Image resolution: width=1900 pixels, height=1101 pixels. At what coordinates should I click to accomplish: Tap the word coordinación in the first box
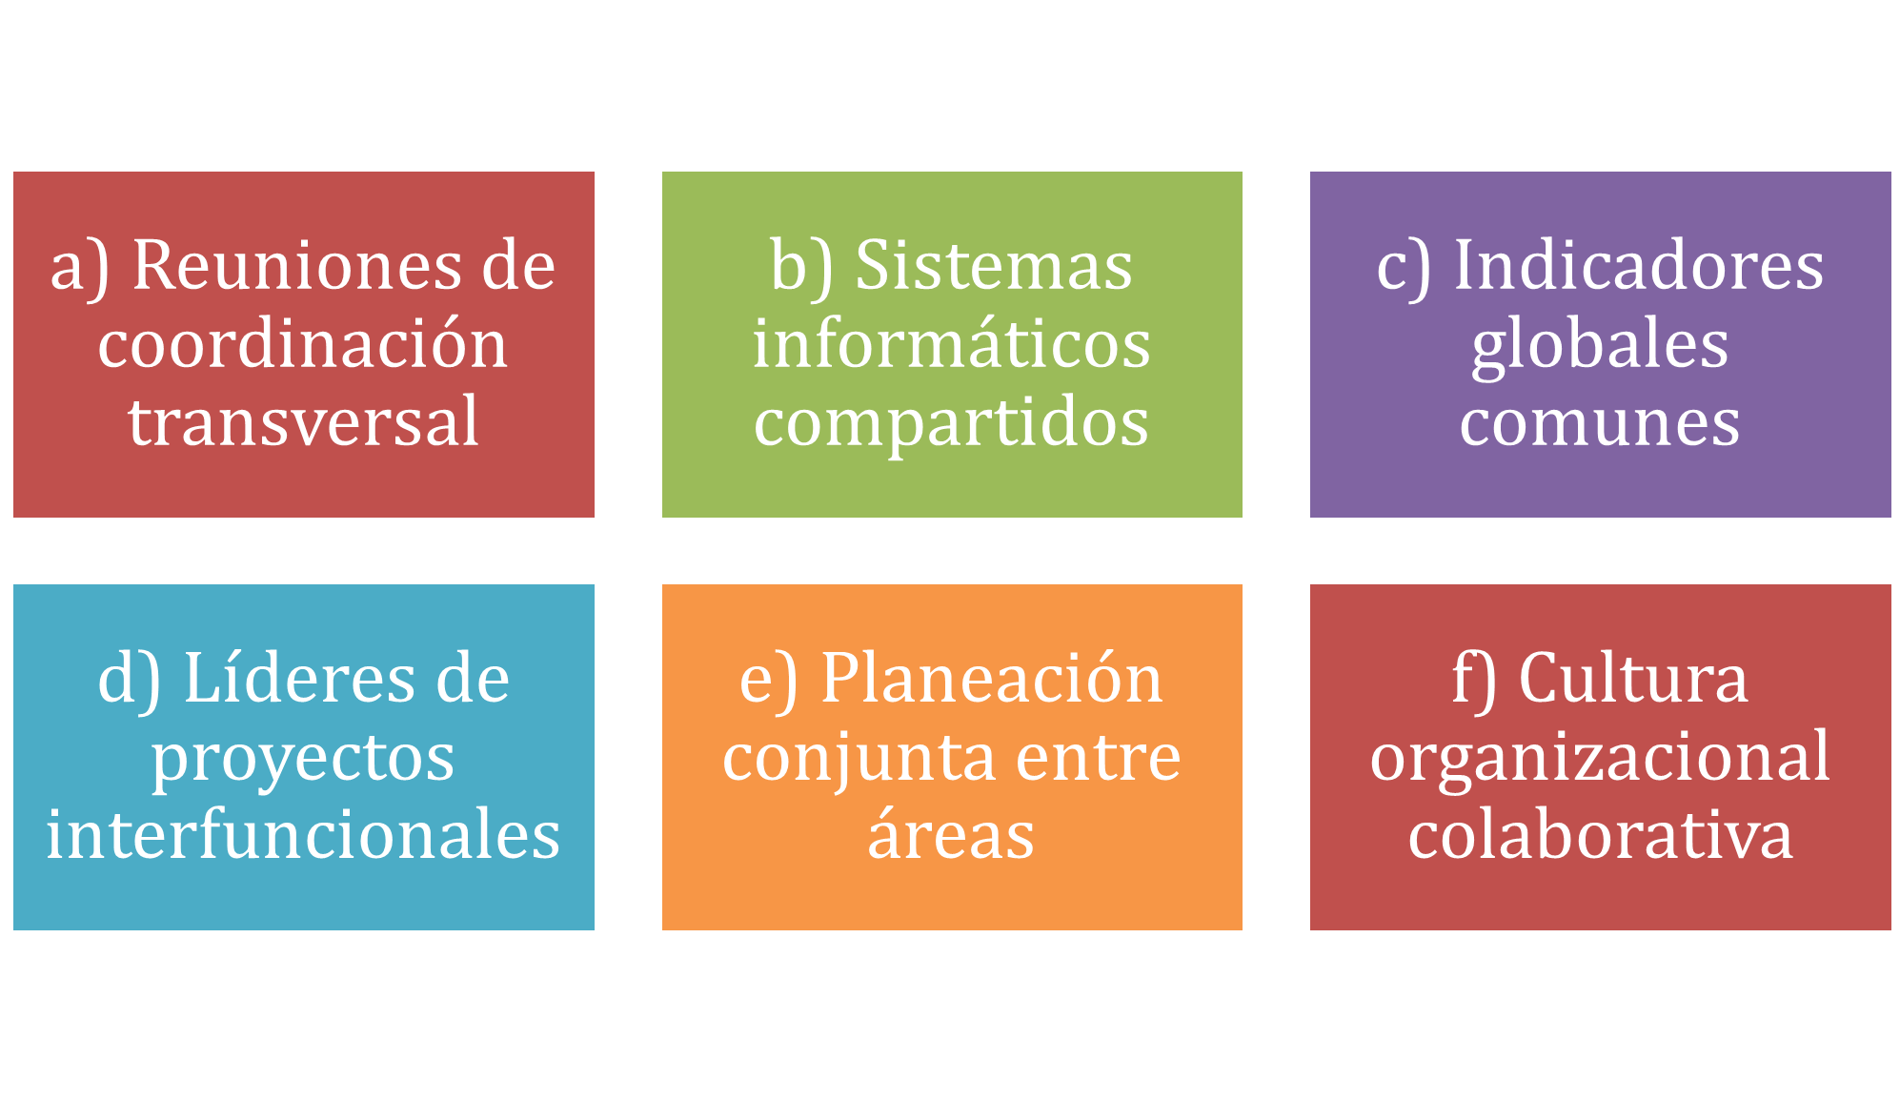click(303, 343)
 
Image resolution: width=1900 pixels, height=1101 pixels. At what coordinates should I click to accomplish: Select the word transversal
click(303, 421)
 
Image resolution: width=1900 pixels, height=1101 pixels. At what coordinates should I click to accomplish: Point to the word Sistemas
click(994, 265)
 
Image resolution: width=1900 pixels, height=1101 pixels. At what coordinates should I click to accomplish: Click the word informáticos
click(952, 343)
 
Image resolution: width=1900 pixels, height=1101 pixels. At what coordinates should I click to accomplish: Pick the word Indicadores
click(1639, 265)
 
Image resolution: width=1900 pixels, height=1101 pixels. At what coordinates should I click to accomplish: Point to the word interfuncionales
click(303, 833)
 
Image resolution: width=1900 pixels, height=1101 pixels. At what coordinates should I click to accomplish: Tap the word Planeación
click(992, 679)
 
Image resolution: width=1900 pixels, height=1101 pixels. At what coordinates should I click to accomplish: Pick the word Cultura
click(1633, 679)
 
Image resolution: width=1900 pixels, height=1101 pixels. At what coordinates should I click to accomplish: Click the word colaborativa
click(1600, 833)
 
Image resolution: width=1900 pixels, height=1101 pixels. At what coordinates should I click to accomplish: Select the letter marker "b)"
click(801, 267)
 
